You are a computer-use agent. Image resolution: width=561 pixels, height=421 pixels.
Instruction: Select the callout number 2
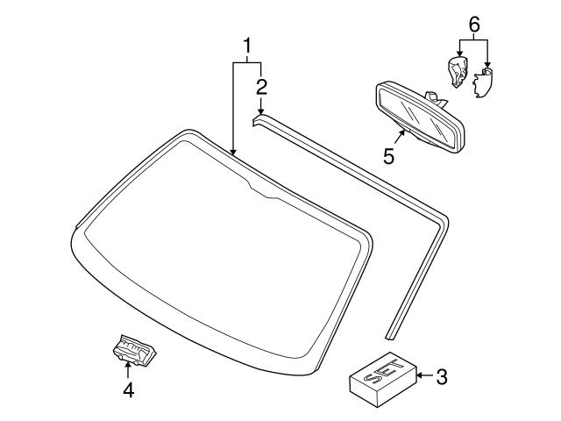261,86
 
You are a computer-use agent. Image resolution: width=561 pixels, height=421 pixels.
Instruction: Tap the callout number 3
442,377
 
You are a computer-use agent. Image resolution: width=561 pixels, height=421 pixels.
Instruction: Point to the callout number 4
128,390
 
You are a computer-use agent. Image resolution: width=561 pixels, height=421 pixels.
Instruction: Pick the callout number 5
389,156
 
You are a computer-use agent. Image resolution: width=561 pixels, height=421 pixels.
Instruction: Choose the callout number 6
473,25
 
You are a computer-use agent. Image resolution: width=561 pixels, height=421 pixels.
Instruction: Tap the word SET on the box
378,375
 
